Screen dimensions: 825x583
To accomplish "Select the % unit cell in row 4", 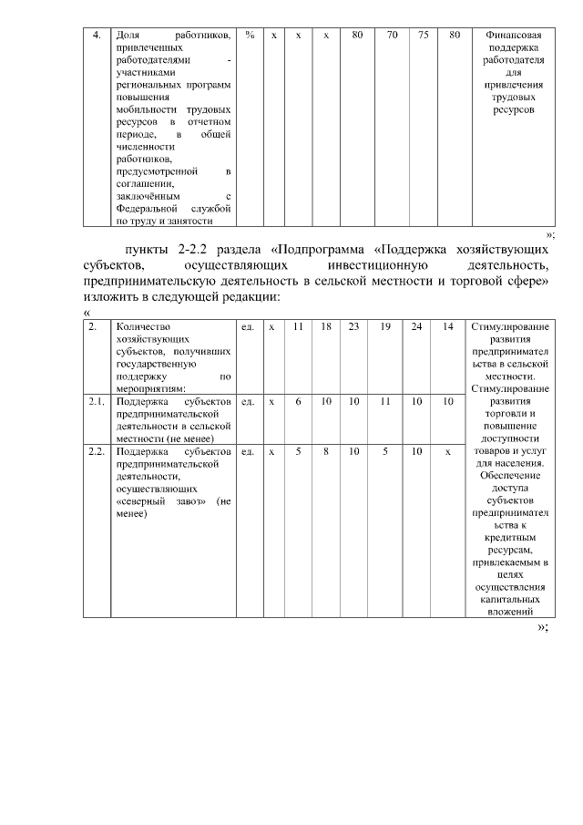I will point(250,35).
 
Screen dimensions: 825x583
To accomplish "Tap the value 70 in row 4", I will point(392,35).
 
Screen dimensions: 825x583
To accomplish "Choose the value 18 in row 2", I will point(326,326).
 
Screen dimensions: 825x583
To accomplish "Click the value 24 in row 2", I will point(416,326).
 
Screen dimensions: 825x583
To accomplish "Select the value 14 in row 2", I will point(447,326).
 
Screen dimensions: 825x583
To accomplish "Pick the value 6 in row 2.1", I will point(298,401).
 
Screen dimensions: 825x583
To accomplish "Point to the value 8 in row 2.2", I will point(326,452).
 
